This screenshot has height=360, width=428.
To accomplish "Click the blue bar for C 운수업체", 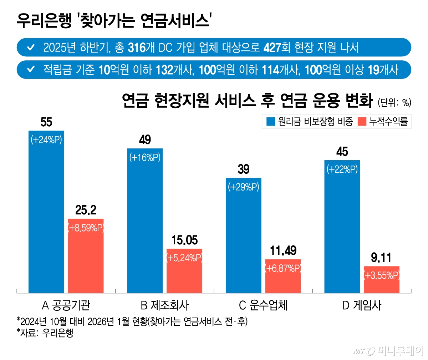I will pyautogui.click(x=244, y=235).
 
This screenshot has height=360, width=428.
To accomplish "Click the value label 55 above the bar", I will pyautogui.click(x=46, y=122).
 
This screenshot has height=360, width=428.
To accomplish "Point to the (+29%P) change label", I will pyautogui.click(x=244, y=187).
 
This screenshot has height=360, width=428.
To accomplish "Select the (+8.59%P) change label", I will pyautogui.click(x=86, y=228).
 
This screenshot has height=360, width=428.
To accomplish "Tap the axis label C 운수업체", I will pyautogui.click(x=263, y=305).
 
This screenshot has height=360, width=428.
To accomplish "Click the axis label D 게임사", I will pyautogui.click(x=362, y=305).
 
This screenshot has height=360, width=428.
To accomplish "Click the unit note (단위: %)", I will pyautogui.click(x=394, y=103).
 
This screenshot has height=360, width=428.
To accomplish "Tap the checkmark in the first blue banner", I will pyautogui.click(x=31, y=47).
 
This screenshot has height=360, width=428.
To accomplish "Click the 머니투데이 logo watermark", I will pyautogui.click(x=389, y=351).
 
